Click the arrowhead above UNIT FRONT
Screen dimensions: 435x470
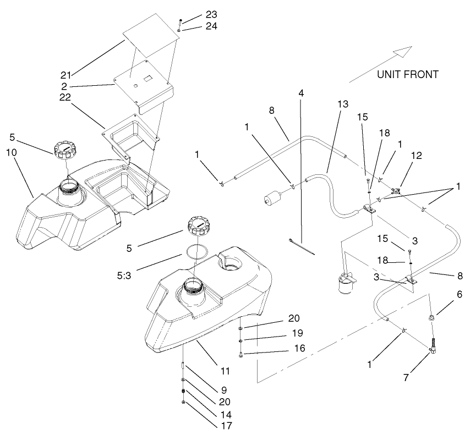[404, 52]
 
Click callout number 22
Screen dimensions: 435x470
[68, 97]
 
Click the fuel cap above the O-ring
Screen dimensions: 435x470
[198, 226]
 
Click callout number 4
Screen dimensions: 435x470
[300, 93]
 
